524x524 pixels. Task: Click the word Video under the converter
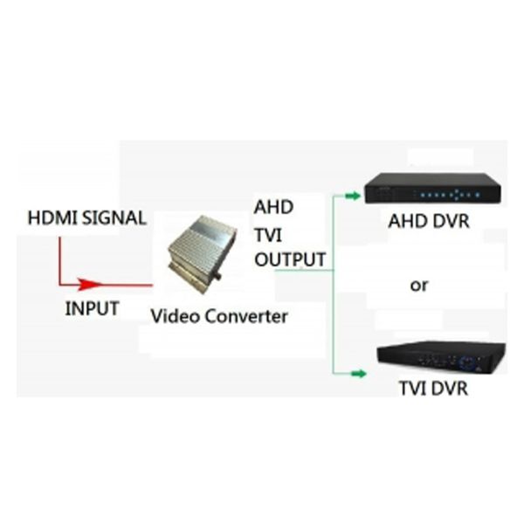coord(176,316)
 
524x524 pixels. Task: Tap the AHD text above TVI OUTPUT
coord(273,209)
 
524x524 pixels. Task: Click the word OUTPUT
coord(290,259)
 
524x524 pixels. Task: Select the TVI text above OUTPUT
coord(269,234)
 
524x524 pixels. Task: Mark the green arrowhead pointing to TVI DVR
coord(356,374)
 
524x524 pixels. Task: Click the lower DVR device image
coord(439,356)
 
